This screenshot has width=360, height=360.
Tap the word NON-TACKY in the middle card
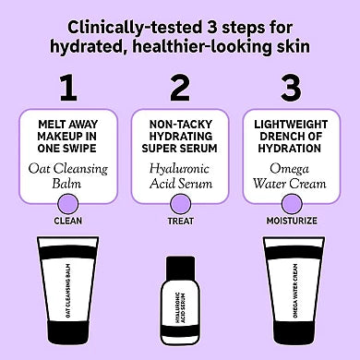tap(181, 121)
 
